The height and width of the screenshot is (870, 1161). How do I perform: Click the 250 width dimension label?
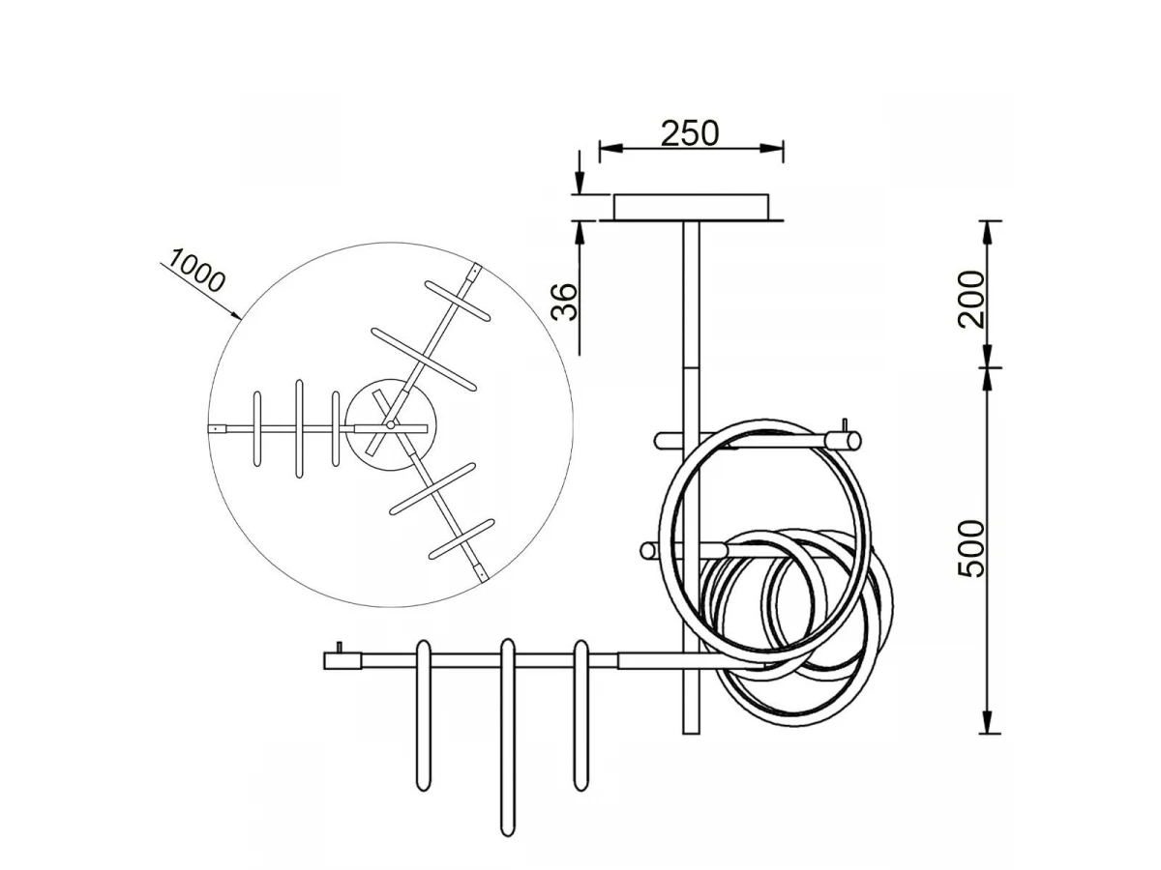690,133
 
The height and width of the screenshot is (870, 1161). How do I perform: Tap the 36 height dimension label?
564,302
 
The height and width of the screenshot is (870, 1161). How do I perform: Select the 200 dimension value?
971,299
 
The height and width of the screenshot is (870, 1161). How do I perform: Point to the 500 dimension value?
971,548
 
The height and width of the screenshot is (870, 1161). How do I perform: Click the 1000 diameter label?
197,271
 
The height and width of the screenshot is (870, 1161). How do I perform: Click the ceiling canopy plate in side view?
691,207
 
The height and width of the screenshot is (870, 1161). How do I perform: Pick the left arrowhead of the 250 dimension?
610,149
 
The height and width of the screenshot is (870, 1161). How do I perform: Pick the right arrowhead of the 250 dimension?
772,149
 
